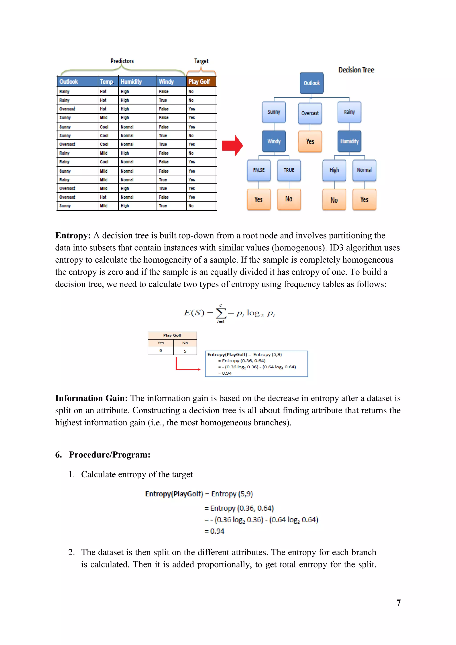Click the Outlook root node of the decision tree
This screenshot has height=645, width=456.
click(311, 83)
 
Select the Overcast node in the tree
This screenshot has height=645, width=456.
click(310, 113)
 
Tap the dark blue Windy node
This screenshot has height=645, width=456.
click(274, 141)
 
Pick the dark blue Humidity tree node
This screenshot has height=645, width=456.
click(349, 141)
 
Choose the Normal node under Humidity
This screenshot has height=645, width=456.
click(364, 170)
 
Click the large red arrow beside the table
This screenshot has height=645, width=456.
click(232, 145)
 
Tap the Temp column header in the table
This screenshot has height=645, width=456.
click(107, 82)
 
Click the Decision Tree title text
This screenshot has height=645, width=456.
click(356, 70)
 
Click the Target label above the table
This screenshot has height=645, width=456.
click(201, 61)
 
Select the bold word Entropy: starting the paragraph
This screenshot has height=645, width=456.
click(73, 235)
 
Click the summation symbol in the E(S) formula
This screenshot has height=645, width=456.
click(221, 313)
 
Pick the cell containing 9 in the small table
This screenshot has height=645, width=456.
click(161, 351)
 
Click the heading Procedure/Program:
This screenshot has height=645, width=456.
click(110, 455)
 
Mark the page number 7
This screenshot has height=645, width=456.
click(398, 603)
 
